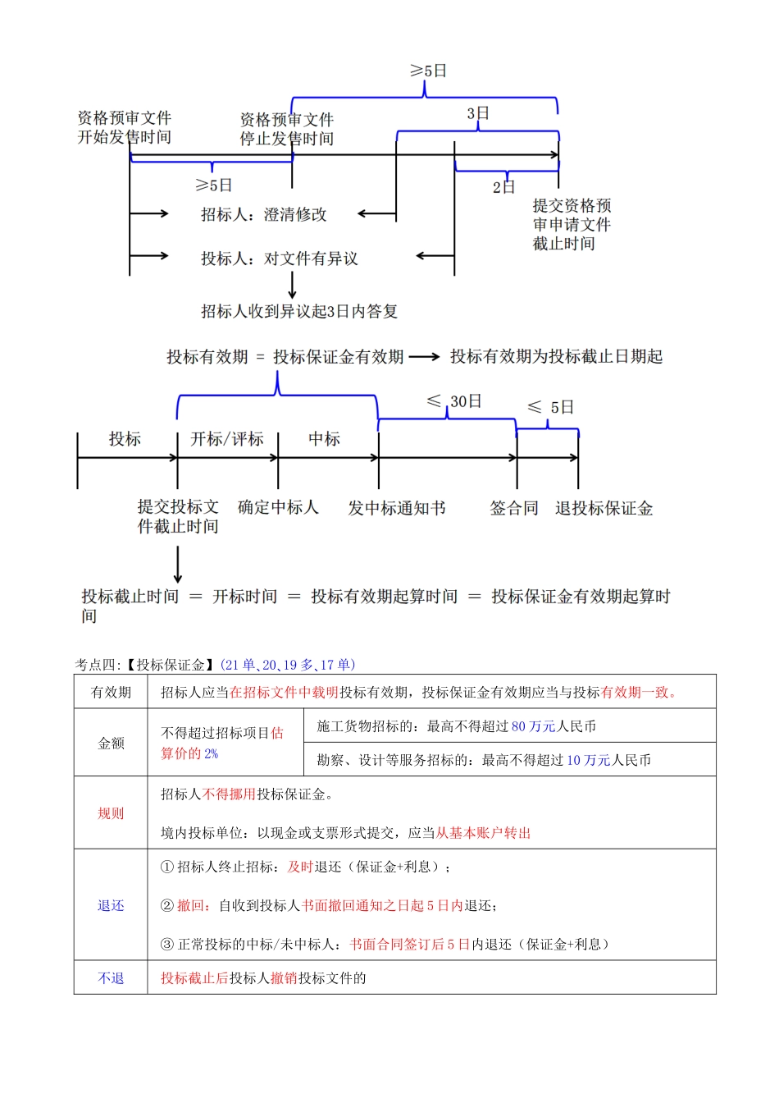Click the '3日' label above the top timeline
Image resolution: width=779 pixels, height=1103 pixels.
coord(478,113)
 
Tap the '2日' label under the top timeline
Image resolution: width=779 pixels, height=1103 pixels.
coord(503,187)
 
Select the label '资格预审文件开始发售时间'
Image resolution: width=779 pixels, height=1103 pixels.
coord(125,128)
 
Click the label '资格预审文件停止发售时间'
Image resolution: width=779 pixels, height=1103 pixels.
coord(287,130)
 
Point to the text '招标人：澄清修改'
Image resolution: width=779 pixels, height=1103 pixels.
coord(264,215)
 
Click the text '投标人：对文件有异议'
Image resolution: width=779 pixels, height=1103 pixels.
coord(280,259)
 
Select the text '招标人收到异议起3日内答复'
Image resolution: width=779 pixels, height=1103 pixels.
coord(299,312)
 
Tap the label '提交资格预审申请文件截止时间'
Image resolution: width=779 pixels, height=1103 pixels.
coord(572,225)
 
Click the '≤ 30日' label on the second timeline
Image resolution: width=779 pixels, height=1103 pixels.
coord(455,401)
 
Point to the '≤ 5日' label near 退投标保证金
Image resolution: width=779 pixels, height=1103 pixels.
coord(550,407)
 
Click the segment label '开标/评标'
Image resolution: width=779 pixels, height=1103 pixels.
coord(227,439)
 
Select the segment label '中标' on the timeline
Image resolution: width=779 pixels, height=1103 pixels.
coord(325,439)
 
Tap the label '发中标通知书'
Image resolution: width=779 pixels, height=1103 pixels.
coord(397,509)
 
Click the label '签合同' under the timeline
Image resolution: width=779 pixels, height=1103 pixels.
coord(514,509)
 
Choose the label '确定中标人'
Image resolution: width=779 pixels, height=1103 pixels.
coord(278,507)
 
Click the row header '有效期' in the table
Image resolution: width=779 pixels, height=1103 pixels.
coord(111,693)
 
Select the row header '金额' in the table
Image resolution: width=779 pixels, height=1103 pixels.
coord(111,744)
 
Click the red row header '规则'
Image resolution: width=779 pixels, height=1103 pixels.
coord(111,814)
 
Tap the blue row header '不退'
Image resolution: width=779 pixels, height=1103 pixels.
coord(111,978)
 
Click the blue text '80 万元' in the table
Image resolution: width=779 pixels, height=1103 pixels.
coord(533,727)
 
